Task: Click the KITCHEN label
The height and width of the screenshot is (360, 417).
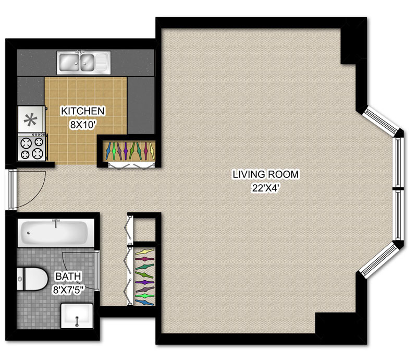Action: pyautogui.click(x=83, y=111)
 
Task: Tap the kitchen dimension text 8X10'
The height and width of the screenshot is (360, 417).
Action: pyautogui.click(x=83, y=124)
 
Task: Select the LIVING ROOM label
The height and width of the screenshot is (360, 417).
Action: pyautogui.click(x=266, y=174)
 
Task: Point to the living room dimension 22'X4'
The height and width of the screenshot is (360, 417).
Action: pyautogui.click(x=266, y=188)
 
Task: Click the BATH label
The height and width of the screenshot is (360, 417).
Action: pyautogui.click(x=68, y=277)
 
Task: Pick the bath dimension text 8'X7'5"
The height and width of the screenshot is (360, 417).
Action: pyautogui.click(x=68, y=290)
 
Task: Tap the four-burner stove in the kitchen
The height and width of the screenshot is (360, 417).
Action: pyautogui.click(x=32, y=147)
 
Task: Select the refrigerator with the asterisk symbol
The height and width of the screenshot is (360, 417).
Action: pyautogui.click(x=31, y=119)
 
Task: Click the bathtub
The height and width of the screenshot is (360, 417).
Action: pyautogui.click(x=56, y=233)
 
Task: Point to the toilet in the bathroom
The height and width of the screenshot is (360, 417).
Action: pyautogui.click(x=32, y=279)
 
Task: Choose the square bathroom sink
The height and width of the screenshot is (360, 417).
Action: pyautogui.click(x=77, y=316)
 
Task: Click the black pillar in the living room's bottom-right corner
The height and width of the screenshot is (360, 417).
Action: pyautogui.click(x=336, y=323)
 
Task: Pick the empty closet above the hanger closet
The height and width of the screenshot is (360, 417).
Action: pyautogui.click(x=144, y=230)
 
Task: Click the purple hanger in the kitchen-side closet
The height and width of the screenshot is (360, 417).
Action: pyautogui.click(x=126, y=151)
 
